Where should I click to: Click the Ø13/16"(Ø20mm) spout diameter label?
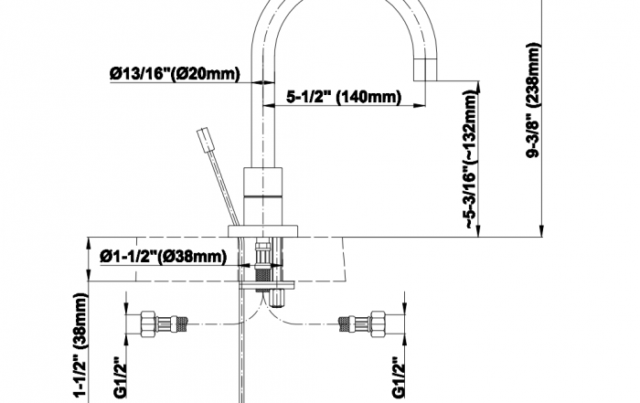pyautogui.click(x=175, y=74)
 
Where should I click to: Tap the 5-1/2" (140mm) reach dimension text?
pyautogui.click(x=344, y=97)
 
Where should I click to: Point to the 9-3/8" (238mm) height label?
pyautogui.click(x=533, y=100)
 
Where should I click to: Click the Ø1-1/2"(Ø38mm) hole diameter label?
pyautogui.click(x=163, y=257)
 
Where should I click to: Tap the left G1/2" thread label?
pyautogui.click(x=120, y=377)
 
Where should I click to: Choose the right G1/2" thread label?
pyautogui.click(x=398, y=377)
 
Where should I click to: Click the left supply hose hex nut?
pyautogui.click(x=148, y=324)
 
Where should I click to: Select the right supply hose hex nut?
pyautogui.click(x=378, y=324)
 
